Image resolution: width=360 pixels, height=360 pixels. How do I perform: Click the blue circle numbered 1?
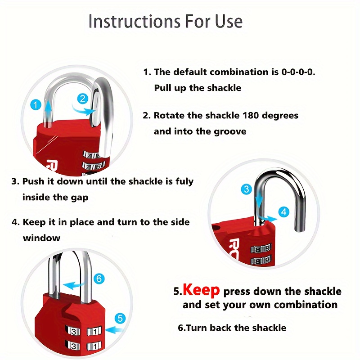coord(37,105)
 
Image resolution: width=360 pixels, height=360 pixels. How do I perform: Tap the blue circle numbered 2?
coord(82,99)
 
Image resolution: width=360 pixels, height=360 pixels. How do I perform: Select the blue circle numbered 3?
coord(246,189)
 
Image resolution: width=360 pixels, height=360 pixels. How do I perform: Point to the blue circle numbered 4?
coord(283,211)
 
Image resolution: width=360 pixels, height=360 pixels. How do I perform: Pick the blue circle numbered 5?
coord(119,318)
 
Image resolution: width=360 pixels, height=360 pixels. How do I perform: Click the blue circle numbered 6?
coord(99,279)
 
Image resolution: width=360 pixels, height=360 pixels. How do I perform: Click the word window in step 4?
coord(41,238)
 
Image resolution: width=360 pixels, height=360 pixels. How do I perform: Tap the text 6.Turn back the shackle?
coord(232,328)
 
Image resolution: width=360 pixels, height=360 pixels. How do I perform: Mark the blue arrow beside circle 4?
coord(268,217)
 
